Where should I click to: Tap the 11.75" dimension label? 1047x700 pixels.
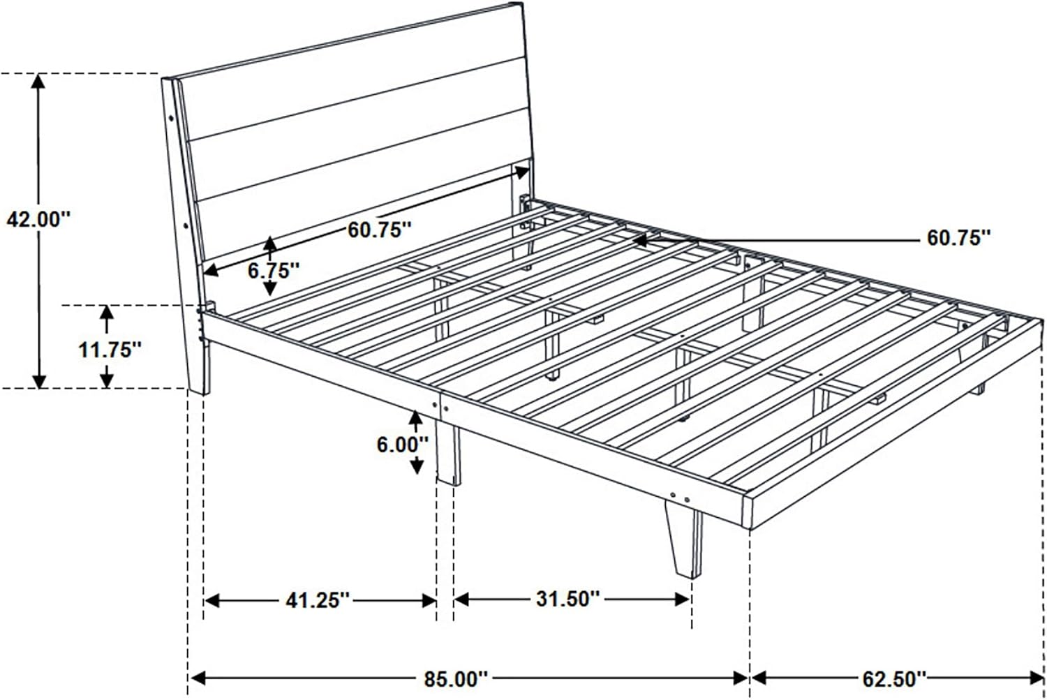point(110,350)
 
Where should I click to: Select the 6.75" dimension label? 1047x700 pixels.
point(274,271)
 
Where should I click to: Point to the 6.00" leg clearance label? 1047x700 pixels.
point(403,445)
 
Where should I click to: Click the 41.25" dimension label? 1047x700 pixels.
point(318,600)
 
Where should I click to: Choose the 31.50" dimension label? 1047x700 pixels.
point(568,599)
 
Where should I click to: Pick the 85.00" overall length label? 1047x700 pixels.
point(456,679)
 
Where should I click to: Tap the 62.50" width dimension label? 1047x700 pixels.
point(894,679)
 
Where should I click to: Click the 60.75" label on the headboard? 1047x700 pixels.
point(380,230)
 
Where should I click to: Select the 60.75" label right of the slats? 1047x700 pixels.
point(959,238)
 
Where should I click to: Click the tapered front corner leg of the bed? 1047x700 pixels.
point(684,539)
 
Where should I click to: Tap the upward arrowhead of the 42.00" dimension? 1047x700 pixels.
point(38,81)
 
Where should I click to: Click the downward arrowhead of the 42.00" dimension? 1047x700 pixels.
point(39,381)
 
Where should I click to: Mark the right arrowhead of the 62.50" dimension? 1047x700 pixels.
point(1037,678)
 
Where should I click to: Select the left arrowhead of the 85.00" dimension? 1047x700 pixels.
point(198,678)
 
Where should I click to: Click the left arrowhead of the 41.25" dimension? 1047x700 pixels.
point(212,601)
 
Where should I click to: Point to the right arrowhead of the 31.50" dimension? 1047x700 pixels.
point(683,600)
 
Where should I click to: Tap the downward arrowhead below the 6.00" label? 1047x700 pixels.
point(417,466)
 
